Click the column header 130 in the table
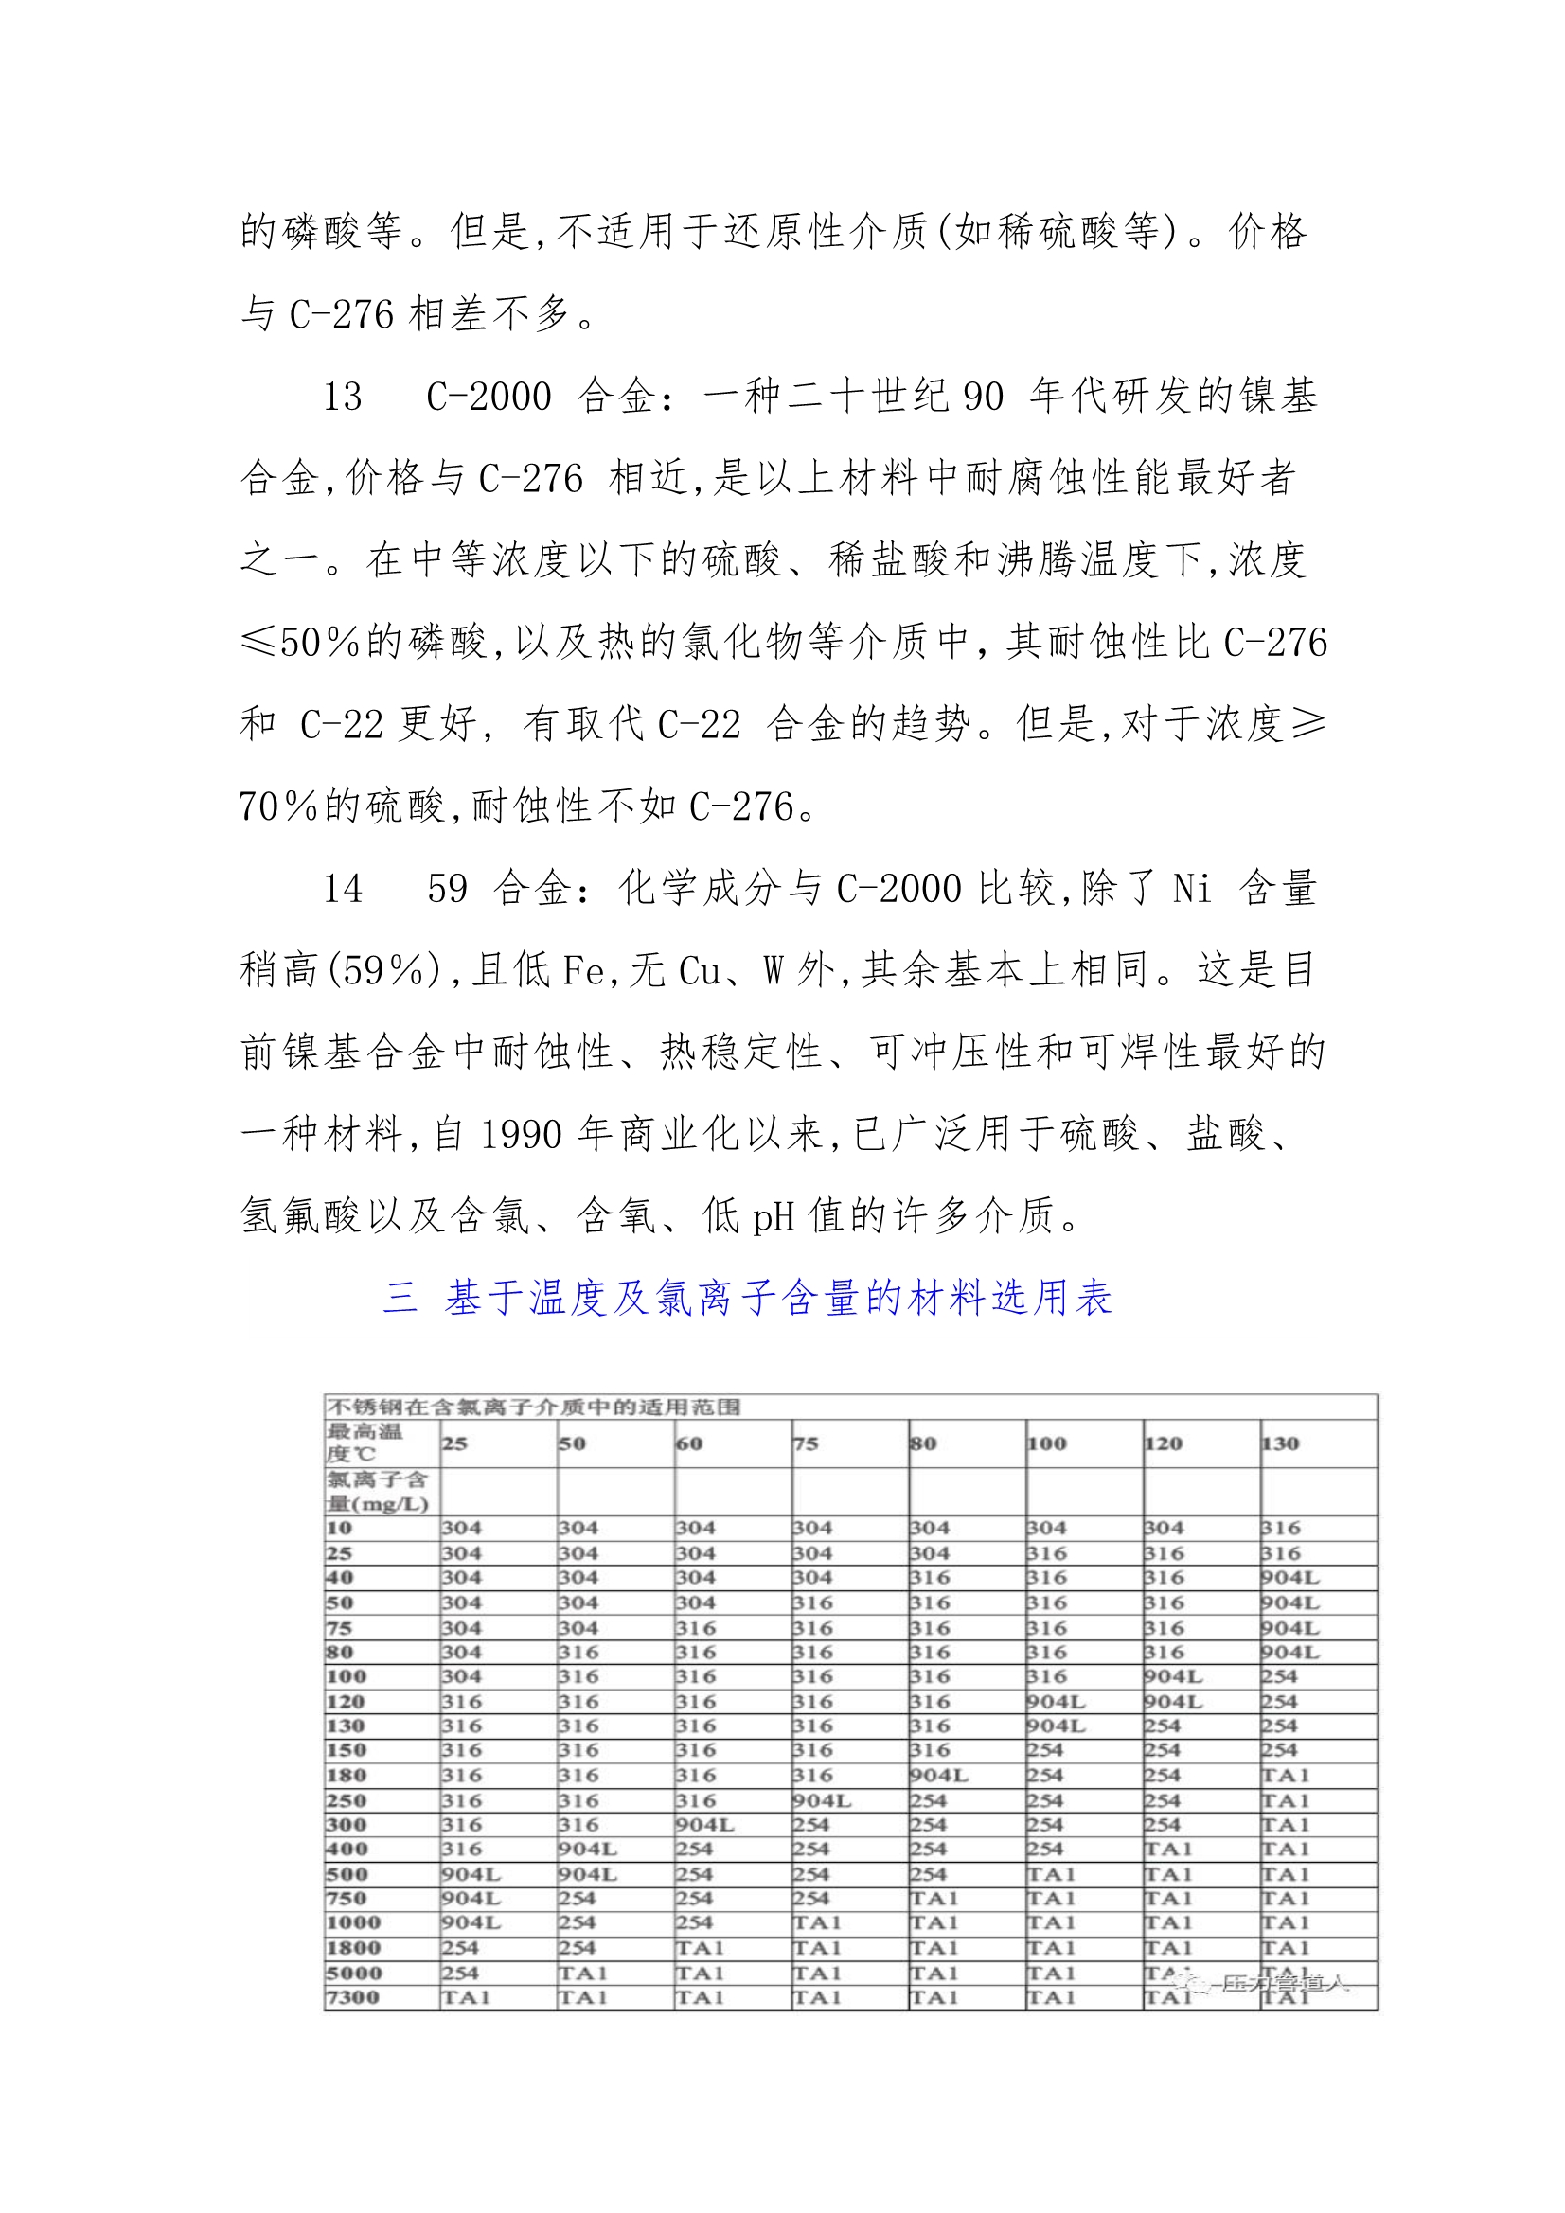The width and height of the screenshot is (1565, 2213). tap(1280, 1443)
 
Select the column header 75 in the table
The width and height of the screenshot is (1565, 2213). tap(805, 1443)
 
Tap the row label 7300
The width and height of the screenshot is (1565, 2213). tap(353, 1997)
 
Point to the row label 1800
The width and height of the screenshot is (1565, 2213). tap(353, 1948)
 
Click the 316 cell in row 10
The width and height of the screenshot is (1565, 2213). tap(1281, 1528)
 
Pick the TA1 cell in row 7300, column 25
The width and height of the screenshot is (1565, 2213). tap(466, 1997)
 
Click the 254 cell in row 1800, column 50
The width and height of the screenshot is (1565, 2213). tap(577, 1948)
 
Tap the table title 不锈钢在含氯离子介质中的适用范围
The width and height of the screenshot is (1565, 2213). tap(533, 1407)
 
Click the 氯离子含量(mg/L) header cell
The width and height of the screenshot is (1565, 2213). tap(377, 1492)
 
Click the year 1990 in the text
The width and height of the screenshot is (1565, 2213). tap(521, 1135)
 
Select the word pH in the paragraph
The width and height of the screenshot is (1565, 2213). tap(774, 1216)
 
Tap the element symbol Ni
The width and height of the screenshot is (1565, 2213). tap(1192, 889)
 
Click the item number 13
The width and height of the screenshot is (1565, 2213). tap(343, 398)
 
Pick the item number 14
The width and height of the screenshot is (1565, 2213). tap(343, 889)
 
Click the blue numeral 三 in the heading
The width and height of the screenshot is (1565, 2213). tap(400, 1298)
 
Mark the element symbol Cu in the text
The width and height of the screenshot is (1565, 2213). tap(700, 970)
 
